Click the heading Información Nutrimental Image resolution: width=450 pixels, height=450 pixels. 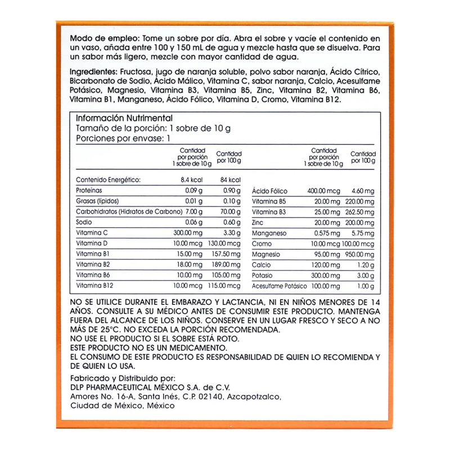[124, 118]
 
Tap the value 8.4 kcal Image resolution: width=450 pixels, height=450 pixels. [196, 180]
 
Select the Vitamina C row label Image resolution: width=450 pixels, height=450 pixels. [91, 233]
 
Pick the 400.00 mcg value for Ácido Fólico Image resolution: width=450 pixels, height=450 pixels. [322, 191]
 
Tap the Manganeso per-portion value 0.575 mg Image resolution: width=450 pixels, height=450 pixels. [326, 233]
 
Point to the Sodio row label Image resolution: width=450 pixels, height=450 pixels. [84, 222]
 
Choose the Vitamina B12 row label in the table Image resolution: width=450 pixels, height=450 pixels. [93, 286]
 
